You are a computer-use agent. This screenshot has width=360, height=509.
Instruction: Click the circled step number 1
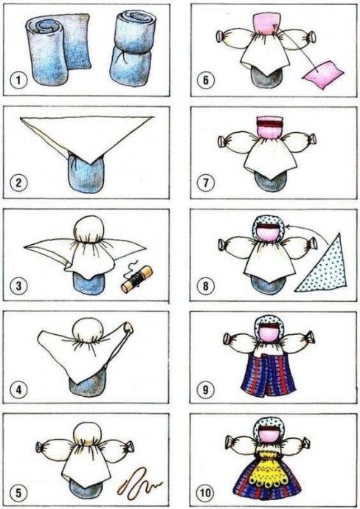pos(18,80)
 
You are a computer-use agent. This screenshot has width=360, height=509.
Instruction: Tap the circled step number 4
pos(18,389)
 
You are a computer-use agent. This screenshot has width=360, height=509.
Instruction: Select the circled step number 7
pos(206,183)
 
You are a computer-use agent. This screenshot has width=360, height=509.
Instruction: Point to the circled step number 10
pos(206,493)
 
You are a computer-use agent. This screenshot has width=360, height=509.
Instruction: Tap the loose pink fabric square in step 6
pos(322,74)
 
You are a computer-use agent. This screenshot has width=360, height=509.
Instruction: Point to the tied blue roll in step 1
pos(131,49)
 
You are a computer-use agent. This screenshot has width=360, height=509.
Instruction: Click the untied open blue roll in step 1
pos(57,49)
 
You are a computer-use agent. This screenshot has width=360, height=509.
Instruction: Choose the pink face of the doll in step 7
pos(269,130)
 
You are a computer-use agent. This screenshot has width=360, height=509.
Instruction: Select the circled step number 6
pos(206,80)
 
